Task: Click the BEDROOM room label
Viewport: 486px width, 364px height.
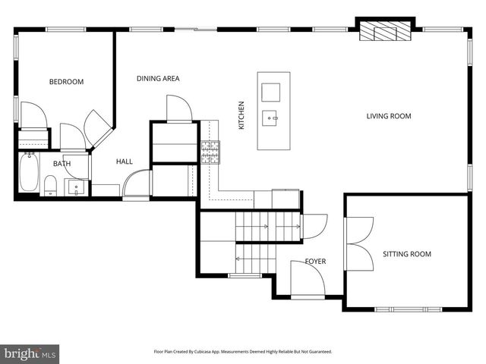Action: click(66, 82)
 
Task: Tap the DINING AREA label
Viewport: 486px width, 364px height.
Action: click(158, 78)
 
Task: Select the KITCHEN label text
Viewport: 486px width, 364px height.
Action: click(241, 115)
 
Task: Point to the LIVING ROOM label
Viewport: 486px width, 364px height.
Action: click(389, 116)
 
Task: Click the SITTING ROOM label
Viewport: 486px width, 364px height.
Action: click(406, 254)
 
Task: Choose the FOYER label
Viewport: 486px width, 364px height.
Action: click(315, 262)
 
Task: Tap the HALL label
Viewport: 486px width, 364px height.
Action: click(125, 162)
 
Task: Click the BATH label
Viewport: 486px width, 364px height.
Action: click(62, 164)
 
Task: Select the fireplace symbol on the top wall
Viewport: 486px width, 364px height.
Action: click(384, 31)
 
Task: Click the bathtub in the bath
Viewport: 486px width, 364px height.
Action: click(30, 172)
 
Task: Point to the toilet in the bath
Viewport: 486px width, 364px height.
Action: click(51, 185)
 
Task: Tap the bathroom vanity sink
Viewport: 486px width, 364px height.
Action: click(76, 187)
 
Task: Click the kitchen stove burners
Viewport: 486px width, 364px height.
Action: click(210, 152)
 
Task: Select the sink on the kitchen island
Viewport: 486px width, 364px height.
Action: click(272, 118)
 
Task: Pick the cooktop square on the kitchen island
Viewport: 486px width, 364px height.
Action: click(271, 92)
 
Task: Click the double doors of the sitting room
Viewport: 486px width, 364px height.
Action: click(360, 243)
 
